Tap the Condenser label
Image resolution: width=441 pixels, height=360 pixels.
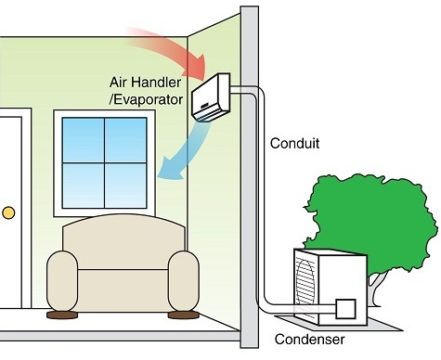tap(310, 339)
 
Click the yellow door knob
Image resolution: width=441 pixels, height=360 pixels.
tap(8, 212)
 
